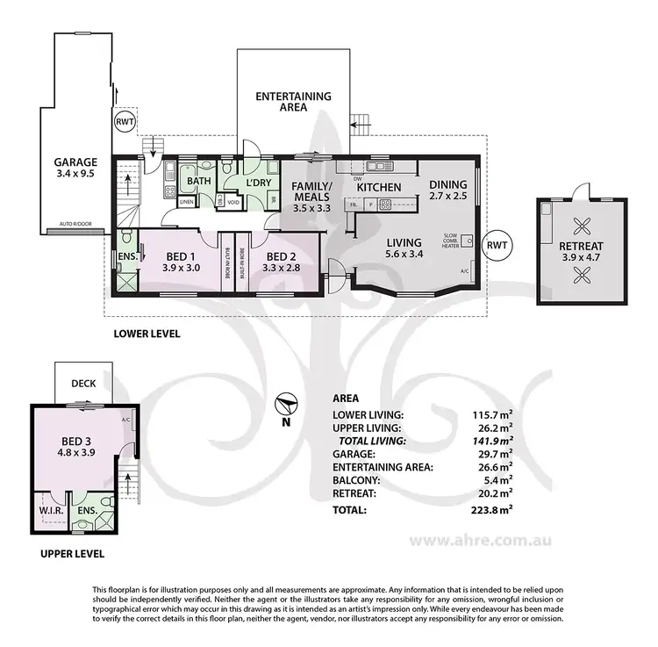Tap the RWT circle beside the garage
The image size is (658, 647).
point(125,123)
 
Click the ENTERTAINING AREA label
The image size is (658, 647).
point(293,102)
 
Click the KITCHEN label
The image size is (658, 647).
point(379,187)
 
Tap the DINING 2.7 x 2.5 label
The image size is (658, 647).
point(448,191)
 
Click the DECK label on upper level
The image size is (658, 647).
point(83,384)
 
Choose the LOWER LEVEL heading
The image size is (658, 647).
point(147,334)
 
